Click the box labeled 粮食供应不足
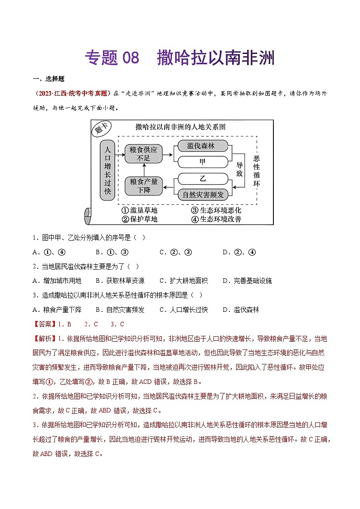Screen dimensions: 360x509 pyautogui.click(x=143, y=154)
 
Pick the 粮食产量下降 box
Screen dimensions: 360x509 pyautogui.click(x=143, y=186)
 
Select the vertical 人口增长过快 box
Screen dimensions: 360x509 pyautogui.click(x=107, y=170)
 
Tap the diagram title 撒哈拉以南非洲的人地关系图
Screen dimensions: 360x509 pyautogui.click(x=180, y=127)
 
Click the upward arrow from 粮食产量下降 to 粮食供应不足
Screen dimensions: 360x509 pyautogui.click(x=143, y=170)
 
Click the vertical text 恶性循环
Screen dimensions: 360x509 pyautogui.click(x=257, y=170)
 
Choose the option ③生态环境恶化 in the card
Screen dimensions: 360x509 pyautogui.click(x=216, y=210)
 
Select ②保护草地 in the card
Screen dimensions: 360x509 pyautogui.click(x=140, y=219)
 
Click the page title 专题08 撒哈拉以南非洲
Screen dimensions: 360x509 pyautogui.click(x=180, y=58)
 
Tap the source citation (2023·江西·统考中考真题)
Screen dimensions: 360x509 pyautogui.click(x=72, y=93)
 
